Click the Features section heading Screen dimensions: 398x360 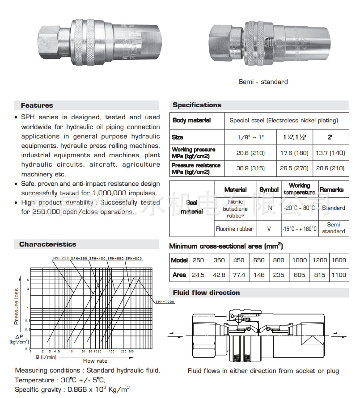[x=37, y=105]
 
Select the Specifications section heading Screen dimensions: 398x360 [x=197, y=105]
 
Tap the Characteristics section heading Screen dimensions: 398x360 [x=48, y=244]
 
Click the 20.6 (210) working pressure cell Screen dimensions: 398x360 [x=250, y=153]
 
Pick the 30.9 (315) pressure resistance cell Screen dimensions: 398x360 [x=250, y=168]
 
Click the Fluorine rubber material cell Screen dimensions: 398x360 [x=234, y=229]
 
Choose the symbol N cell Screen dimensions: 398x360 [x=269, y=208]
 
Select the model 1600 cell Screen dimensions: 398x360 [x=339, y=260]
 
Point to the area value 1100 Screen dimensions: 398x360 [x=339, y=275]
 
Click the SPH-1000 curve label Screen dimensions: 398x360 [x=165, y=302]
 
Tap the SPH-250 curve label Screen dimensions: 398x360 [x=60, y=258]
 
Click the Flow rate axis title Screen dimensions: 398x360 [x=95, y=360]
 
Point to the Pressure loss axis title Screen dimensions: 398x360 [x=17, y=306]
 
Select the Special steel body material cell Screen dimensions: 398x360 [x=284, y=121]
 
